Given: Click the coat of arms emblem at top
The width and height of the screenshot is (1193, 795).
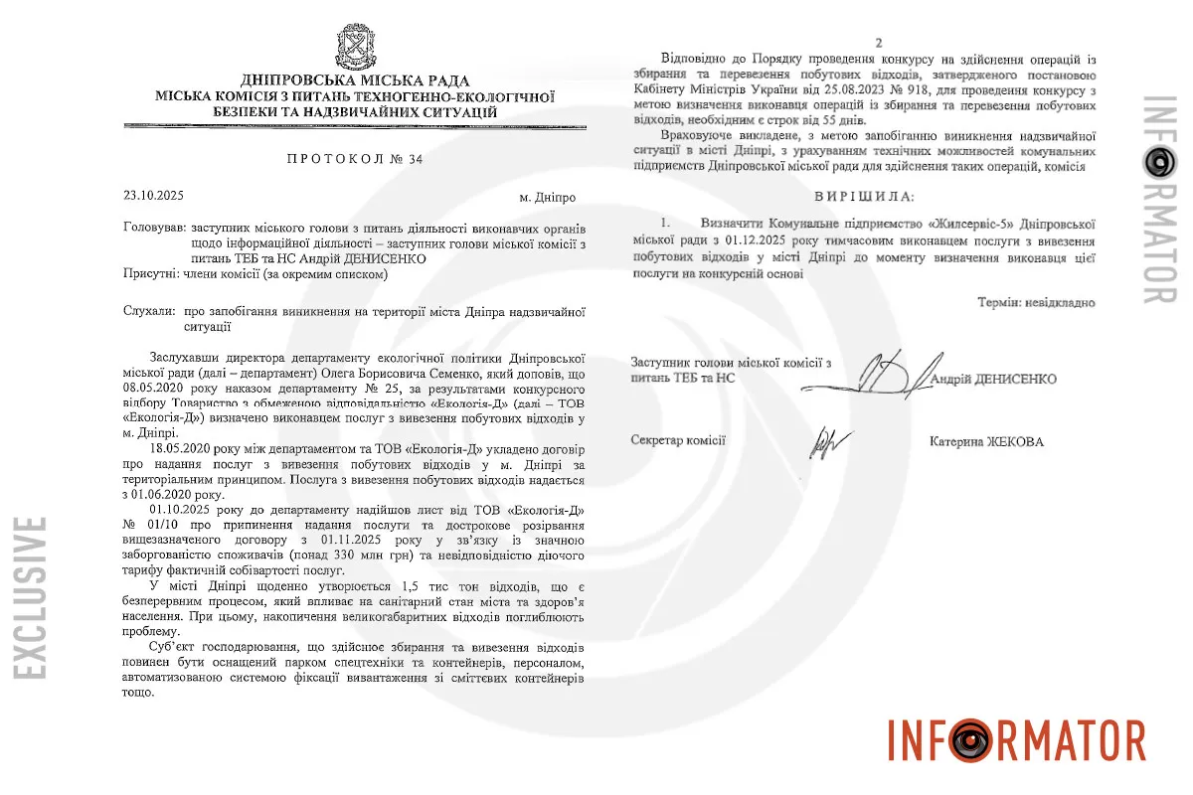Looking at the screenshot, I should [x=355, y=48].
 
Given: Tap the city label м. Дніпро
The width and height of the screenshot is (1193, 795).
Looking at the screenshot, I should [x=548, y=197].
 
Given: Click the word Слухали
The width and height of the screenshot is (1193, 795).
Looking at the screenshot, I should [x=150, y=311].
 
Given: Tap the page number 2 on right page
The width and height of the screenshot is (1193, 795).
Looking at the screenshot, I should [x=878, y=42].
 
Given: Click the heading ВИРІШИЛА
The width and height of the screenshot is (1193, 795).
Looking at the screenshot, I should [x=862, y=195].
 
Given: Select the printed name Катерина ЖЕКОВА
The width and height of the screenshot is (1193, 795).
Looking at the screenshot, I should [x=986, y=441].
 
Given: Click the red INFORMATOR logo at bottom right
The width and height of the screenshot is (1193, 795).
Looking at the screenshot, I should [x=1015, y=738].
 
